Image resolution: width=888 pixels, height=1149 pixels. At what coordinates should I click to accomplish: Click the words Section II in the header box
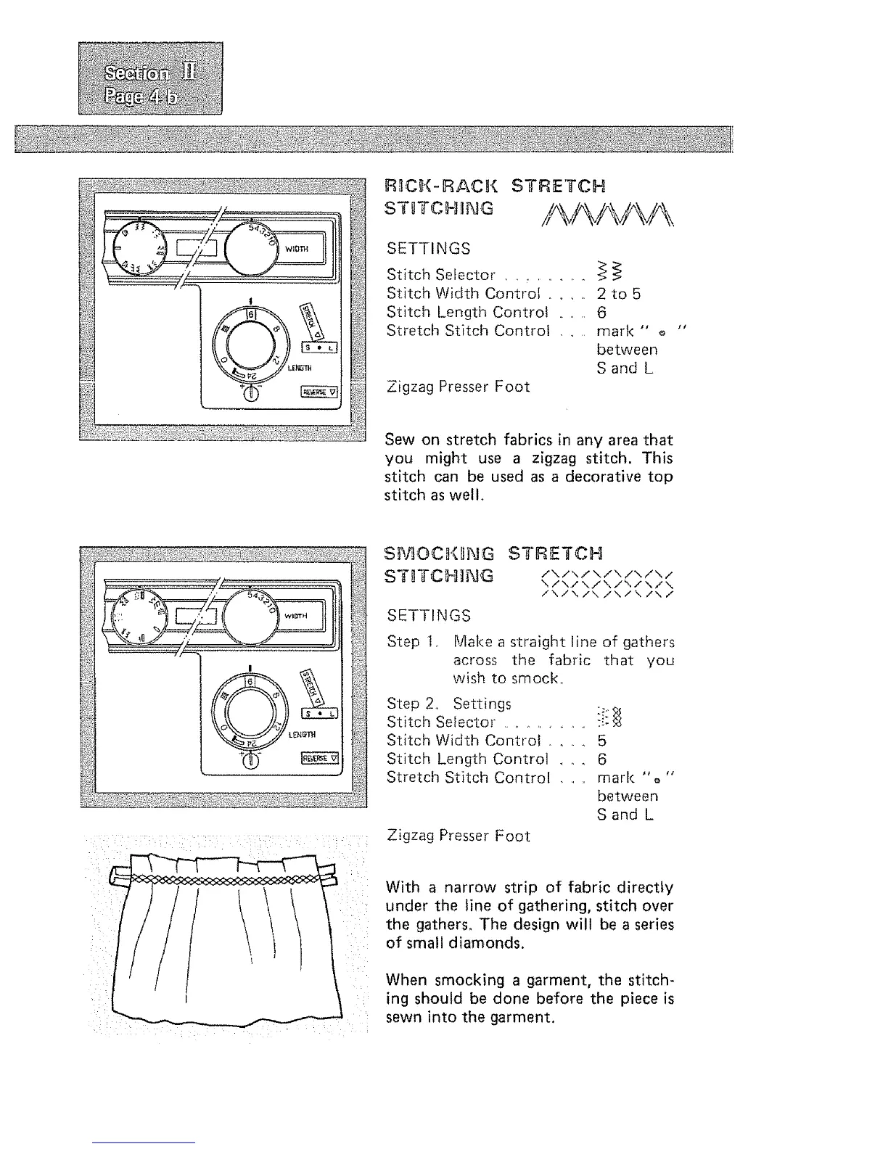pyautogui.click(x=152, y=73)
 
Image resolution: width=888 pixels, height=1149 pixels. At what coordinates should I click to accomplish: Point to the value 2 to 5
pyautogui.click(x=618, y=294)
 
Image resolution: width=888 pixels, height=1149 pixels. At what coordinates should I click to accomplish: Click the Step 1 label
pyautogui.click(x=403, y=642)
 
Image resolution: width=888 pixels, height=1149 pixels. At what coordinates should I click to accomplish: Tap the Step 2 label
pyautogui.click(x=403, y=704)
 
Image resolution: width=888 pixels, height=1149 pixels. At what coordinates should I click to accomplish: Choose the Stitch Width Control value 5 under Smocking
pyautogui.click(x=601, y=741)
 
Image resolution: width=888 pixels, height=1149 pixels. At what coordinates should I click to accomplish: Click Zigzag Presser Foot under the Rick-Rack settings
pyautogui.click(x=458, y=387)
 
